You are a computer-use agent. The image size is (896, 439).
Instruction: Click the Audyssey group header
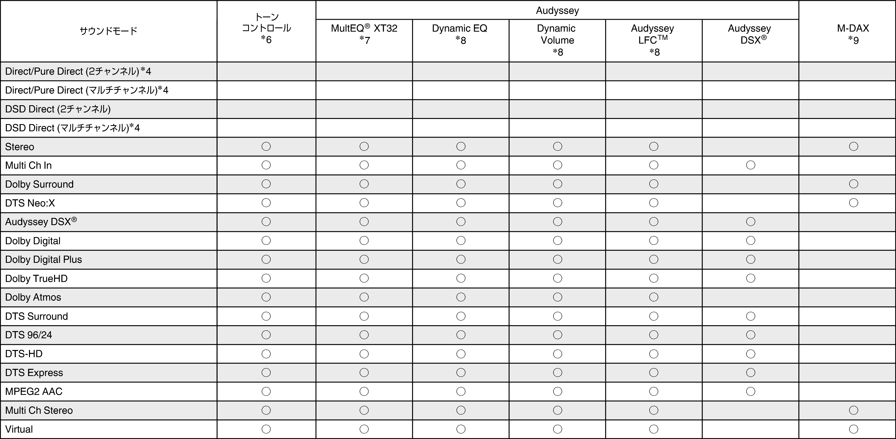click(x=557, y=10)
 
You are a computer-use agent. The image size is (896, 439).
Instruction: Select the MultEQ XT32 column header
click(x=364, y=34)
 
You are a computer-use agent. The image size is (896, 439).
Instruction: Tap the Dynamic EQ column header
click(x=460, y=34)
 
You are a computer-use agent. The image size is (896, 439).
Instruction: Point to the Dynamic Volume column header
click(x=557, y=40)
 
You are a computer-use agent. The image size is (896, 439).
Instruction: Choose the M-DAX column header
click(x=853, y=34)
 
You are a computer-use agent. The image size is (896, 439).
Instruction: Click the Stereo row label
click(x=20, y=147)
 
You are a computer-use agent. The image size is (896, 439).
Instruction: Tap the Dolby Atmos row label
click(x=33, y=297)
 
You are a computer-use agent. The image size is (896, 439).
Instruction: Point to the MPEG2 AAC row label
click(x=34, y=391)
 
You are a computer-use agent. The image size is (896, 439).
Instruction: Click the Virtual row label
click(x=19, y=429)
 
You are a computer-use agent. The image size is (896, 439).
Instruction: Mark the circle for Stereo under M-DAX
click(x=853, y=146)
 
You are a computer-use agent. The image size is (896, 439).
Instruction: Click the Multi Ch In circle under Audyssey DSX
click(x=750, y=165)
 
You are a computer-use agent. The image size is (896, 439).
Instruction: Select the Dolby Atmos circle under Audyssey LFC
click(x=653, y=297)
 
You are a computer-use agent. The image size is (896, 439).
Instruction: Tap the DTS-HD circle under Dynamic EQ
click(x=461, y=354)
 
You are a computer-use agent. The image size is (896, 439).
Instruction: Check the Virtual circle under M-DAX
click(x=853, y=429)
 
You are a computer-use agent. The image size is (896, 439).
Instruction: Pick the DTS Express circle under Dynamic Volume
click(x=557, y=373)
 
